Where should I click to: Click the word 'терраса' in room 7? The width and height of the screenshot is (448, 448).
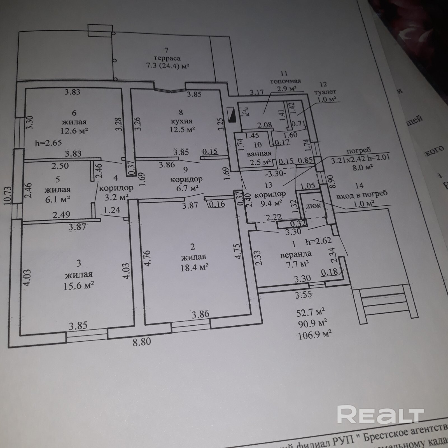tap(167, 58)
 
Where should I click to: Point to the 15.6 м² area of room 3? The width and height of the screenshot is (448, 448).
tap(79, 286)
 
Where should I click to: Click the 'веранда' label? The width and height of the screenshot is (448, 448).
tap(296, 254)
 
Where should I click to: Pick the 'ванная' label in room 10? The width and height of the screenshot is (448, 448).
tap(259, 153)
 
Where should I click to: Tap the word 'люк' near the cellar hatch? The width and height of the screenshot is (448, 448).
tap(313, 206)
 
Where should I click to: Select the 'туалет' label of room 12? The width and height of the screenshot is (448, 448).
tap(325, 92)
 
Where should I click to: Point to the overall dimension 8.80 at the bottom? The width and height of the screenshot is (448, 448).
tap(142, 342)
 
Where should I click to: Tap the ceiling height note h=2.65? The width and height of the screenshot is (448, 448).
tap(48, 143)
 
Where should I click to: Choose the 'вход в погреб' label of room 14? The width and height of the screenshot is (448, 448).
tap(362, 194)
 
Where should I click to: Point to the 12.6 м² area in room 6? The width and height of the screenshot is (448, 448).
tap(74, 130)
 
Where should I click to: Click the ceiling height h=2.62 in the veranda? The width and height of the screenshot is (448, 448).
tap(318, 241)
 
